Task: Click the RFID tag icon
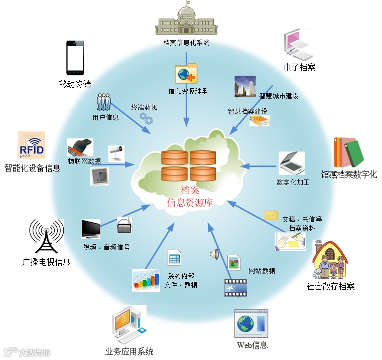(x=31, y=145)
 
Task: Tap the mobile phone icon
(x=74, y=58)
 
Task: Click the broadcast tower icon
(x=46, y=235)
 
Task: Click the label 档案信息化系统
(x=186, y=43)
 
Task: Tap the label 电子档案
(x=300, y=67)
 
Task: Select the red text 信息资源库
(x=190, y=203)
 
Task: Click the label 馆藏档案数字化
(x=349, y=174)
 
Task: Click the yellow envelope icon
(x=271, y=216)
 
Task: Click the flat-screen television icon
(x=91, y=229)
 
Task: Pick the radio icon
(x=124, y=226)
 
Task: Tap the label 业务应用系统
(x=130, y=351)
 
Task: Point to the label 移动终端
(x=75, y=84)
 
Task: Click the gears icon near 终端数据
(x=146, y=118)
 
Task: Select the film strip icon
(x=235, y=287)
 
